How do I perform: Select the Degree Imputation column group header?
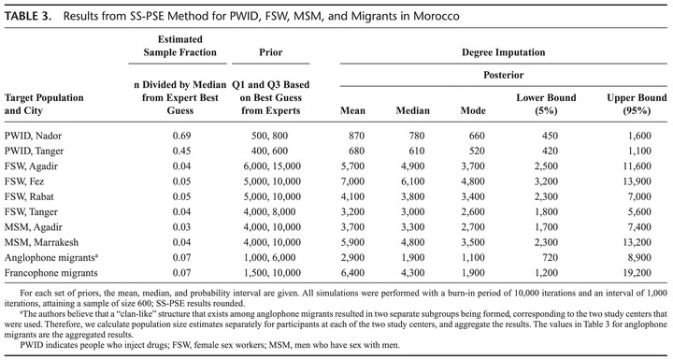click(504, 52)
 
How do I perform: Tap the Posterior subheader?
click(504, 75)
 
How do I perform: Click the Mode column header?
click(473, 111)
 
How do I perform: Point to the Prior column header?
click(271, 52)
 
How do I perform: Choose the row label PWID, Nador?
click(33, 136)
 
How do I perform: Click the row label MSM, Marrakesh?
click(42, 242)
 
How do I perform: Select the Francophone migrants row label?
click(51, 273)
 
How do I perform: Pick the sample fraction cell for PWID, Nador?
click(181, 136)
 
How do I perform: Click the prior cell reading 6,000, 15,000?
click(270, 166)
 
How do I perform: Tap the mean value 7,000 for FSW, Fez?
click(351, 181)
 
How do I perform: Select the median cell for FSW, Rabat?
click(412, 196)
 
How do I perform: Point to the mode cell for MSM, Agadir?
click(472, 227)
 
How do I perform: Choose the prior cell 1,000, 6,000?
click(270, 257)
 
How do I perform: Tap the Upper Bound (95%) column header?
click(637, 104)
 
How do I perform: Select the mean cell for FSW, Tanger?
click(351, 211)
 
